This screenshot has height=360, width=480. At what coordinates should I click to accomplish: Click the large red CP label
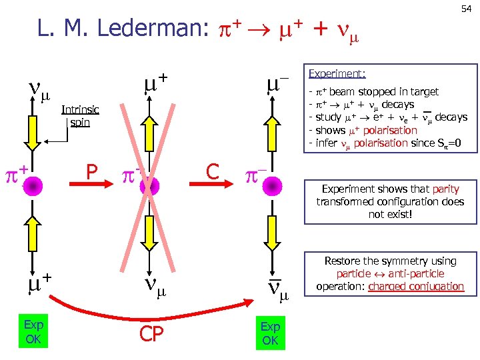151,333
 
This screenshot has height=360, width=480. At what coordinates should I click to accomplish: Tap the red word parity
445,189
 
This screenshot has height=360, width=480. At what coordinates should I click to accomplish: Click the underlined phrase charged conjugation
416,286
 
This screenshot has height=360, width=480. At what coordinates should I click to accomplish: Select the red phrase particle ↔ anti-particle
390,273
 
